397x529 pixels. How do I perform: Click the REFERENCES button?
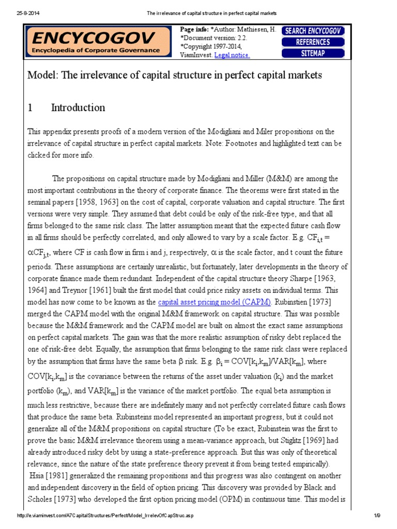[x=313, y=42]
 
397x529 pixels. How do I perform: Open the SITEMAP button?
[x=313, y=53]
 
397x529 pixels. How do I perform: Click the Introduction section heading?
[x=78, y=107]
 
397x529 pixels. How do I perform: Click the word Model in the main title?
[x=42, y=75]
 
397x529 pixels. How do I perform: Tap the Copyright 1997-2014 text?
[x=211, y=46]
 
